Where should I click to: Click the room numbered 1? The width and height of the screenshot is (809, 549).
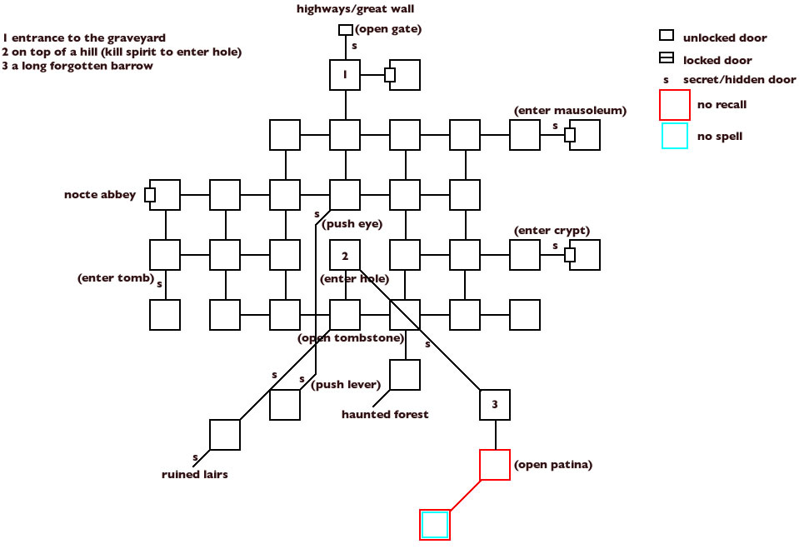[345, 75]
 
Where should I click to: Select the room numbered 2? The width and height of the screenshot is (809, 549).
[345, 255]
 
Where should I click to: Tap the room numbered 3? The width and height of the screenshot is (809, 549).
[495, 405]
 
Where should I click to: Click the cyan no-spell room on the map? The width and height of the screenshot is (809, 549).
[435, 525]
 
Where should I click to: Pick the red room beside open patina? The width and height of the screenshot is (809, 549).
[495, 465]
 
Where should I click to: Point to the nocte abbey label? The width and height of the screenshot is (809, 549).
[100, 195]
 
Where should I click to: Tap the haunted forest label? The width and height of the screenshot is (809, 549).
[385, 414]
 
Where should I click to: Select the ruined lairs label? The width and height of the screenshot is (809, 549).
[194, 474]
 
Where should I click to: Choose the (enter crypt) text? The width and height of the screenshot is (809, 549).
[552, 230]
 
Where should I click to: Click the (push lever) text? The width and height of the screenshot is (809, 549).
[346, 384]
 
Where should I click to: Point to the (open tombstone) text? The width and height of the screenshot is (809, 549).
[351, 337]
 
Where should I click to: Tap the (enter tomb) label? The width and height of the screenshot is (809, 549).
[116, 277]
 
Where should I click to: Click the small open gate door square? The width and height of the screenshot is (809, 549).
[345, 30]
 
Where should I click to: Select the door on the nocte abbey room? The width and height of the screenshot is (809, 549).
[150, 195]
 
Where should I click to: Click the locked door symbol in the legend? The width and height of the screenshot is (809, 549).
[667, 59]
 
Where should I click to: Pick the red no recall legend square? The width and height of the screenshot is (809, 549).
[674, 105]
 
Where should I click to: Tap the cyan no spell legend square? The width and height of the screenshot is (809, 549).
[674, 136]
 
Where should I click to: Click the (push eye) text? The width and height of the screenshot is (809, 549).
[340, 224]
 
